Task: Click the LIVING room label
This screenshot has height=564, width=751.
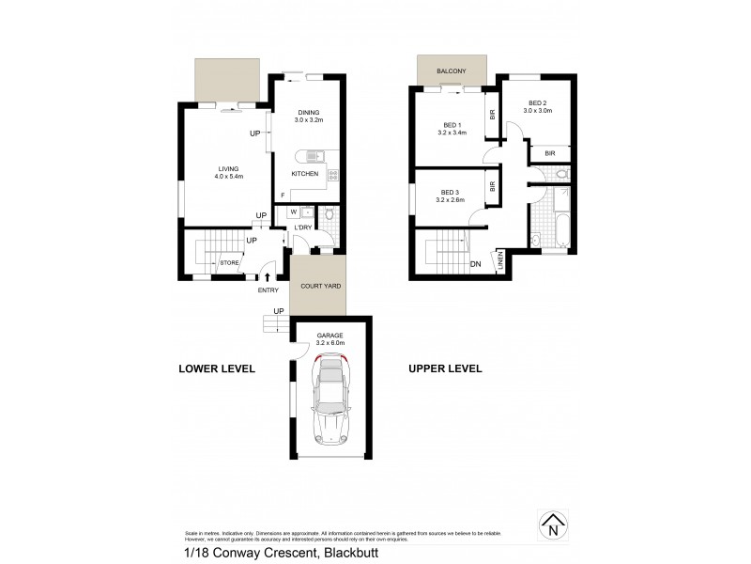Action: tap(222, 173)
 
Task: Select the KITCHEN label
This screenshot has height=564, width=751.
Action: tap(305, 174)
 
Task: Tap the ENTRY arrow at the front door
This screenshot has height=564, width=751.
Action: tap(269, 277)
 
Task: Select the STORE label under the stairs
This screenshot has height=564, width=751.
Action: tap(229, 263)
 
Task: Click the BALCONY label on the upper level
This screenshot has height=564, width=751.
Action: tap(452, 71)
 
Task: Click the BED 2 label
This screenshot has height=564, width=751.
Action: tap(538, 105)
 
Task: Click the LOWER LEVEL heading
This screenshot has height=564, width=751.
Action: tap(217, 368)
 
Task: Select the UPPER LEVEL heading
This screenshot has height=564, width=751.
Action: tap(444, 368)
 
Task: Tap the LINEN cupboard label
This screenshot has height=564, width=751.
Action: tap(500, 262)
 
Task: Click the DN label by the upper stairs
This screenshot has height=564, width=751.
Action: tap(477, 265)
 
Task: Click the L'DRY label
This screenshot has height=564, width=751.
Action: tap(302, 228)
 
